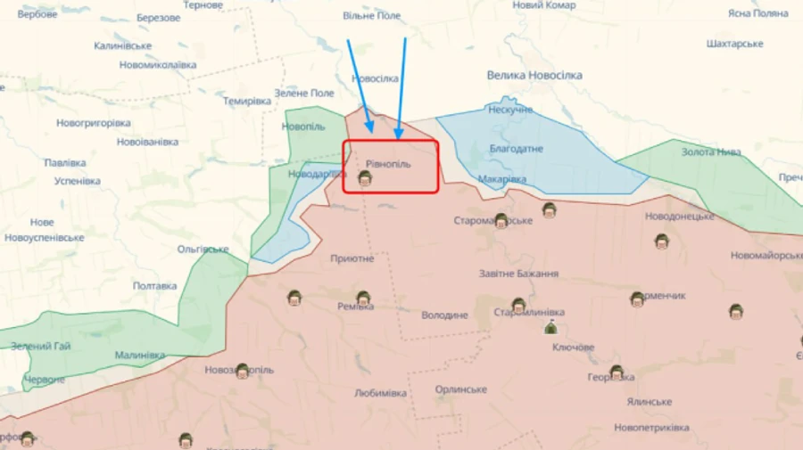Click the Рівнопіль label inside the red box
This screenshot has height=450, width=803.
pyautogui.click(x=388, y=164)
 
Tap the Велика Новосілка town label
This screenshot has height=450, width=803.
pyautogui.click(x=534, y=76)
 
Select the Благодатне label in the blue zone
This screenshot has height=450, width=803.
pyautogui.click(x=516, y=148)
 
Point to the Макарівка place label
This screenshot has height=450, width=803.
pyautogui.click(x=501, y=179)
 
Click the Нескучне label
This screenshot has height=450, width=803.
pyautogui.click(x=510, y=110)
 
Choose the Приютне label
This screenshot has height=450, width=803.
pyautogui.click(x=352, y=258)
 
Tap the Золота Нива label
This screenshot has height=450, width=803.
pyautogui.click(x=711, y=151)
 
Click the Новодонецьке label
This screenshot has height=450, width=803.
pyautogui.click(x=680, y=216)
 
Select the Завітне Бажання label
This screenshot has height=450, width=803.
pyautogui.click(x=518, y=274)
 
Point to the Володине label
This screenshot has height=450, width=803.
pyautogui.click(x=444, y=315)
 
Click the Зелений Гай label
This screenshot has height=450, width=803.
pyautogui.click(x=41, y=346)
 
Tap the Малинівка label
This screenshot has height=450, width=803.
pyautogui.click(x=140, y=355)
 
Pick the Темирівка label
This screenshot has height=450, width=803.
pyautogui.click(x=247, y=102)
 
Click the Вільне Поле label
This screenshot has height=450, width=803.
pyautogui.click(x=372, y=17)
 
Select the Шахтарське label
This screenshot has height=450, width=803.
pyautogui.click(x=734, y=44)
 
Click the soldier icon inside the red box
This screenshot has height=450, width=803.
pyautogui.click(x=365, y=178)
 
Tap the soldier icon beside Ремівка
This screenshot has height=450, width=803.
pyautogui.click(x=363, y=299)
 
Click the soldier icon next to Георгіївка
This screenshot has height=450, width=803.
pyautogui.click(x=617, y=372)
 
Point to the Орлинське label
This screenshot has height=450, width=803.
pyautogui.click(x=461, y=389)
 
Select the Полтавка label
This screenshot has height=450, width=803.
pyautogui.click(x=154, y=286)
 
